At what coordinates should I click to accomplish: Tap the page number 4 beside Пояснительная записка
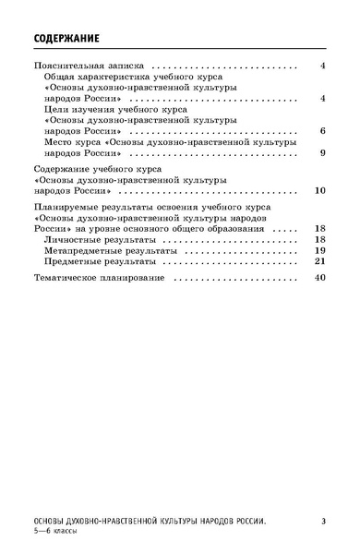[322, 67]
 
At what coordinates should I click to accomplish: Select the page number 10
[319, 190]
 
